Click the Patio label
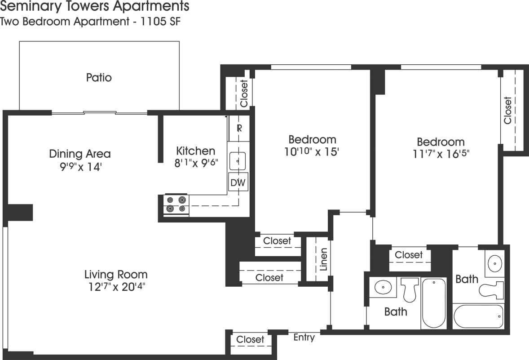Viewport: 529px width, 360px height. point(99,78)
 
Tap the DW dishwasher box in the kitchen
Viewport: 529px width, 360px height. point(238,182)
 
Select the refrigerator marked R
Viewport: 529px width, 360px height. point(239,128)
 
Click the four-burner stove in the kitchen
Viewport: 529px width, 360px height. point(176,204)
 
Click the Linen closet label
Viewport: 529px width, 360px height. point(324,260)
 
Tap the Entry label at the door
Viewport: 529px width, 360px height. point(304,338)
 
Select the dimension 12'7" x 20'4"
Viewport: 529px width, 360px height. point(116,287)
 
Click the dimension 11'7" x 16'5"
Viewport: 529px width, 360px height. point(441,154)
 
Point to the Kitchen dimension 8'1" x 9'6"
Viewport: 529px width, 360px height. point(196,163)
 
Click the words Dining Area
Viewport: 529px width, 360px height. point(79,154)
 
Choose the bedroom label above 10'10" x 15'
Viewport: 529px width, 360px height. point(312,139)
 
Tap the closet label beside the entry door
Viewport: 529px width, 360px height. point(250,339)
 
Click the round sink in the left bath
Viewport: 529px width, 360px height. point(383,286)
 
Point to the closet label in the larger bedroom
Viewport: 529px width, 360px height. point(508,111)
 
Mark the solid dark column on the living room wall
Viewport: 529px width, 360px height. point(20,212)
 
